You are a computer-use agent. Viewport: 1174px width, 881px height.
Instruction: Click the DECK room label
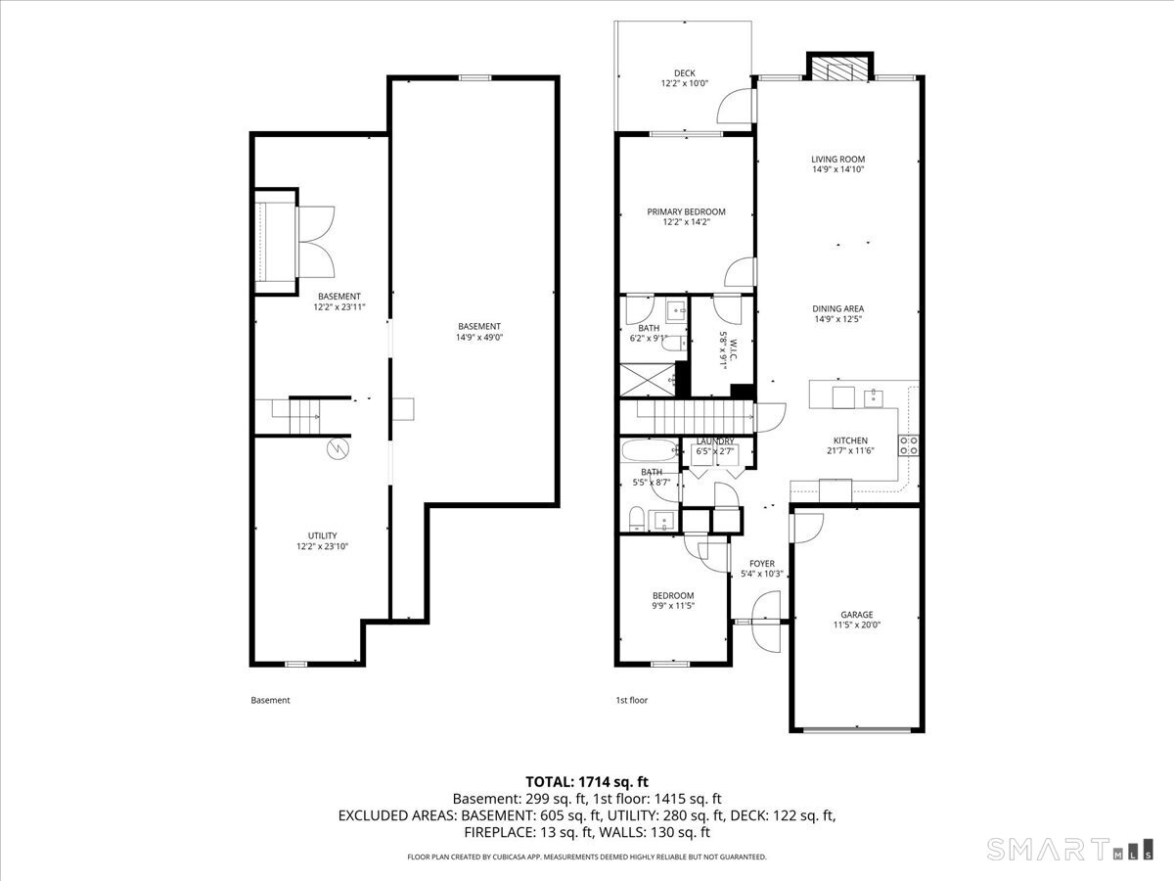(x=684, y=73)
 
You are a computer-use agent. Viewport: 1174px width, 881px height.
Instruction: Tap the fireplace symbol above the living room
(x=838, y=69)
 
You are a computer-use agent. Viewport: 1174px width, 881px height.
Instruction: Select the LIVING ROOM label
(x=837, y=160)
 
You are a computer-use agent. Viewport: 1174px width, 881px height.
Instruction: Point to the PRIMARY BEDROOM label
(x=686, y=212)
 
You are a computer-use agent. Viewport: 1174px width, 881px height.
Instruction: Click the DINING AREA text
(x=837, y=309)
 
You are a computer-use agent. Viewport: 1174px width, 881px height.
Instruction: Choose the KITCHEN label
(x=849, y=440)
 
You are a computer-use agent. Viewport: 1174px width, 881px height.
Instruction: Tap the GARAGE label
(x=856, y=616)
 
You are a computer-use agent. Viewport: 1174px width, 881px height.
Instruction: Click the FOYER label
(x=762, y=564)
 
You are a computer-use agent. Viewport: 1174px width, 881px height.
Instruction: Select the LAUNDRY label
(x=715, y=441)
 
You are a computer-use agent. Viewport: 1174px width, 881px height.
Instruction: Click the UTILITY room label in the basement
(x=322, y=535)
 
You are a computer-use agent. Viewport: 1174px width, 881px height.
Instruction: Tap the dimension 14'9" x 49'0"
(x=479, y=338)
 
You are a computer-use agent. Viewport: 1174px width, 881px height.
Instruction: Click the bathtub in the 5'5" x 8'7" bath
(x=648, y=453)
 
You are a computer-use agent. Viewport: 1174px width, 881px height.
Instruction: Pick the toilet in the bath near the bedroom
(x=636, y=519)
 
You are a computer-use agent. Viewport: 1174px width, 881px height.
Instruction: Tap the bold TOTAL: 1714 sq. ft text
(x=587, y=781)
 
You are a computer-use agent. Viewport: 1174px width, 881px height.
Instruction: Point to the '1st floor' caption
(x=631, y=700)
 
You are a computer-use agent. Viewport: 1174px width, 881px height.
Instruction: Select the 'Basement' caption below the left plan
(x=271, y=700)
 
